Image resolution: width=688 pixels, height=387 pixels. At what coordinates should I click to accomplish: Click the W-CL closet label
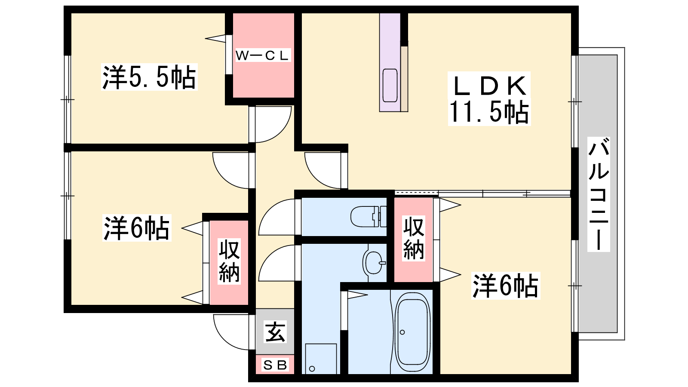(262, 55)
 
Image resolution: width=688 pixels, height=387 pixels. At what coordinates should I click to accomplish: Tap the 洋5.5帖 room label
(149, 77)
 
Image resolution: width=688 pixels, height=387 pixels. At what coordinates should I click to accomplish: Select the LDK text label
(489, 86)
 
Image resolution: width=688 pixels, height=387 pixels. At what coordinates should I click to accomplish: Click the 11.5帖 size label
(489, 112)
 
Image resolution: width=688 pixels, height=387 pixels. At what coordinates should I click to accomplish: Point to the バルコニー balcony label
(598, 194)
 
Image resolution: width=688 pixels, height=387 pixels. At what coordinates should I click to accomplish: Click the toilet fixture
(369, 217)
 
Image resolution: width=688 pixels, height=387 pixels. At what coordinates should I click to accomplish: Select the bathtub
(412, 333)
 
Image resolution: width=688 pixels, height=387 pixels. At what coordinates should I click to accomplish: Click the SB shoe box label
(275, 365)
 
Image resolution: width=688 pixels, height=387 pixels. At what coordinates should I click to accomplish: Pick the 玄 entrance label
(275, 332)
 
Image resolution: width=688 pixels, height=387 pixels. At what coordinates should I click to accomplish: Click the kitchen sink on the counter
(390, 86)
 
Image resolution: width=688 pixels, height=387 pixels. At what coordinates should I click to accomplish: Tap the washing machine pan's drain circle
(312, 369)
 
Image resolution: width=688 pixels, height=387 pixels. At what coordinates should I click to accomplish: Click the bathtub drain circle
(402, 332)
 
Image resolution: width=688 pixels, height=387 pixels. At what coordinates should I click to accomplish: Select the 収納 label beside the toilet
(413, 238)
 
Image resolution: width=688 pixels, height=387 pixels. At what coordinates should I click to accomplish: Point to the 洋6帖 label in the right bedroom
(506, 286)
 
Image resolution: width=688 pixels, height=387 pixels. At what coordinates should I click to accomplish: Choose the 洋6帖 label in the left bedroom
(136, 228)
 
